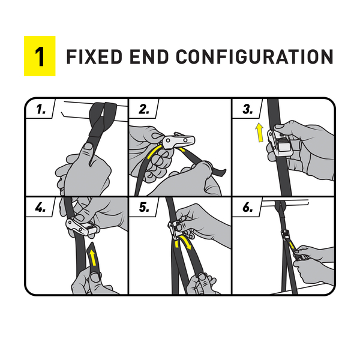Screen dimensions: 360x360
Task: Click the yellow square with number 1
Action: (x=40, y=56)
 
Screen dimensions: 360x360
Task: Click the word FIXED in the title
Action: (x=94, y=56)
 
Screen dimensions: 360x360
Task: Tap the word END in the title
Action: (x=149, y=56)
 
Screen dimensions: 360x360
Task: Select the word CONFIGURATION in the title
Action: (x=254, y=56)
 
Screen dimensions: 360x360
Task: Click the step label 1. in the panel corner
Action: (x=41, y=109)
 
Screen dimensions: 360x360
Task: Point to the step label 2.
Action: (x=144, y=109)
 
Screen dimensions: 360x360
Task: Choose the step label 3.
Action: (x=248, y=109)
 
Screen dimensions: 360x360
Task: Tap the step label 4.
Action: (x=40, y=208)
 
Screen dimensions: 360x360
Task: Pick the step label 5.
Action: (x=144, y=208)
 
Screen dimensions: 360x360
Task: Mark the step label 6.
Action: (x=248, y=208)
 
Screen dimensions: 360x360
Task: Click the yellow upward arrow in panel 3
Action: (x=260, y=133)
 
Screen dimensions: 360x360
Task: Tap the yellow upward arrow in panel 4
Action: (x=92, y=257)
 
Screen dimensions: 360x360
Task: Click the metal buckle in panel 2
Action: (x=178, y=140)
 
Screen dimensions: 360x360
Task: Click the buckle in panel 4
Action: (x=82, y=226)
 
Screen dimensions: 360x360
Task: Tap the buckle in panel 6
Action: (x=286, y=235)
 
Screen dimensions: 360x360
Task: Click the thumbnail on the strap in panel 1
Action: (x=88, y=146)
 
